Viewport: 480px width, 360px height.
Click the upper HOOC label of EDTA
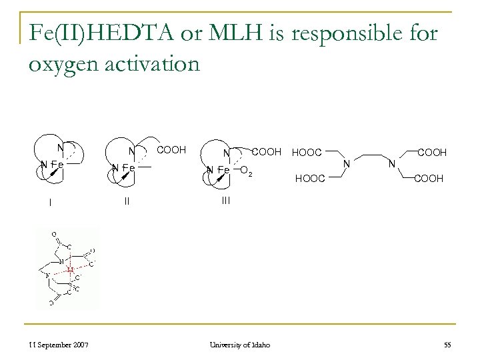pos(307,153)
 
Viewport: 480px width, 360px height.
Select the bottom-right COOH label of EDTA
pos(430,179)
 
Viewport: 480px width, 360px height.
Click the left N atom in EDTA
pos(345,162)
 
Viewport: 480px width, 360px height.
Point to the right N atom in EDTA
pos(392,162)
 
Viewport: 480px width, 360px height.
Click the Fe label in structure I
pos(57,165)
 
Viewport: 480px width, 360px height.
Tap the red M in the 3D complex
pos(70,270)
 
